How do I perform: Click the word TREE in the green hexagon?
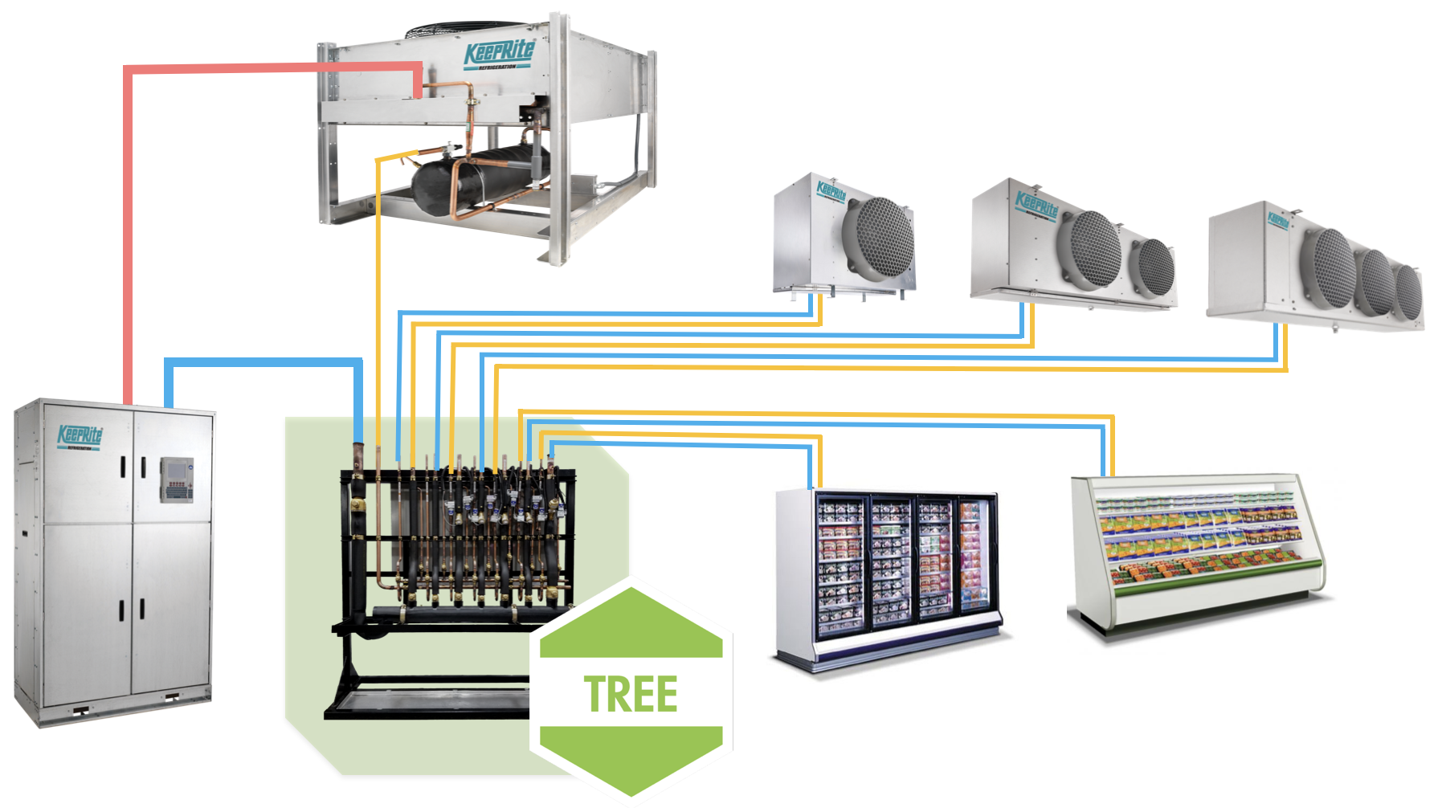pos(631,695)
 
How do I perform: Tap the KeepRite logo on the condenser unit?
pos(499,55)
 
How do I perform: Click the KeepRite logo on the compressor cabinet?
pos(80,436)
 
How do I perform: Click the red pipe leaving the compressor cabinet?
pos(128,241)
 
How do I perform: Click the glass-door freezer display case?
pos(888,574)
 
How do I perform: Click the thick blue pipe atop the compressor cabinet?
pos(257,363)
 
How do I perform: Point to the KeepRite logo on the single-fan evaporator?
pos(831,191)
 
